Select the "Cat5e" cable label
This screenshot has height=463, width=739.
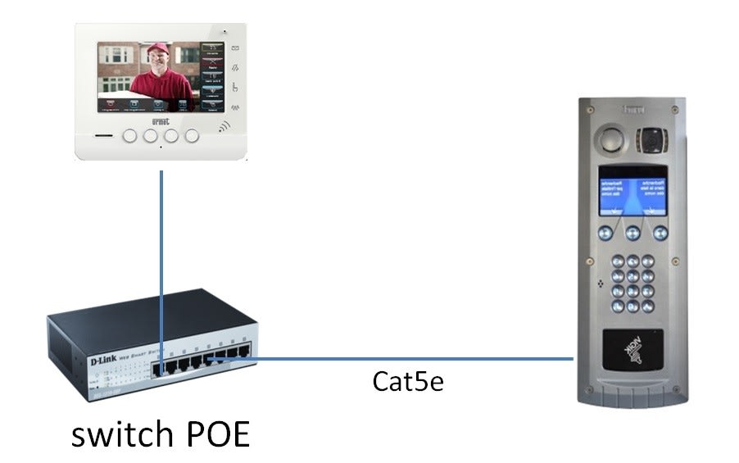click(408, 381)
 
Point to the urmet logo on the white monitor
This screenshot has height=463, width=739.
click(161, 120)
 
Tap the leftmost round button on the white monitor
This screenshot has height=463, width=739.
click(129, 136)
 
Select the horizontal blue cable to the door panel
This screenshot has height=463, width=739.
click(393, 358)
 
